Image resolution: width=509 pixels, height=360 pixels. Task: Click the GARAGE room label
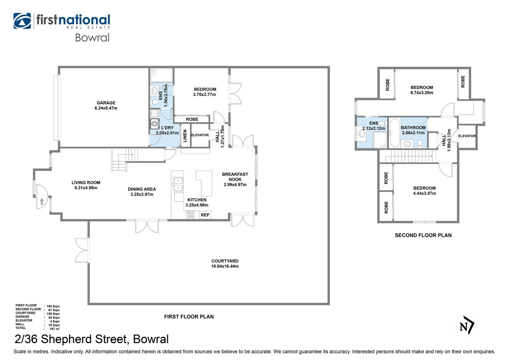106,103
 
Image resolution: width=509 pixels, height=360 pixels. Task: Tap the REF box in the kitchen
205,215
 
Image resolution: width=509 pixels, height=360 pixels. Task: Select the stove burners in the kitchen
191,215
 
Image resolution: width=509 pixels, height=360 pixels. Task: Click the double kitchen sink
178,184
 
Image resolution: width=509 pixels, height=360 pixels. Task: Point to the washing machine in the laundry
155,124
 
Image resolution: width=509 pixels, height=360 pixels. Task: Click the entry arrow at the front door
42,201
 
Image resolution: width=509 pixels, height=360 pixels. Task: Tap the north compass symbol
465,325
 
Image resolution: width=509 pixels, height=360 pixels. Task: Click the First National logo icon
22,21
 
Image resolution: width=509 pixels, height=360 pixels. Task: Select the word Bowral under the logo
92,38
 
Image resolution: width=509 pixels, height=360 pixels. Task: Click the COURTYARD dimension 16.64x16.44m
225,266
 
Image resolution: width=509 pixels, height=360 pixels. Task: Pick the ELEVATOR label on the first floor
200,135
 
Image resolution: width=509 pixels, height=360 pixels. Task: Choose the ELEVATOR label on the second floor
467,136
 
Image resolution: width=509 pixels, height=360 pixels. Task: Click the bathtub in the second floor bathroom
394,133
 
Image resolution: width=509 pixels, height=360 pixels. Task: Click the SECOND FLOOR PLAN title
423,235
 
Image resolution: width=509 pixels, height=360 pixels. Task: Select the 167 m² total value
54,329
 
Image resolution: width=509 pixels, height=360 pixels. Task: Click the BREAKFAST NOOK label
235,177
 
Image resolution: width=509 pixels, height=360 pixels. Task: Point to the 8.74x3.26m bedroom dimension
422,93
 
